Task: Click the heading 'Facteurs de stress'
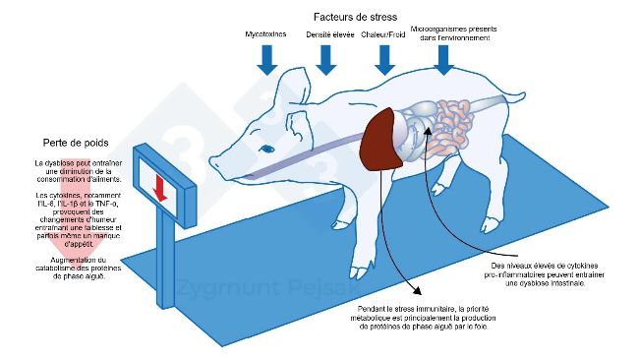354,17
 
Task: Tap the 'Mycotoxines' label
265,34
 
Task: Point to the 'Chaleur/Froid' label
383,34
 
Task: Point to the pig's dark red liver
381,144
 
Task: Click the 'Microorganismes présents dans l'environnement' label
449,34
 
